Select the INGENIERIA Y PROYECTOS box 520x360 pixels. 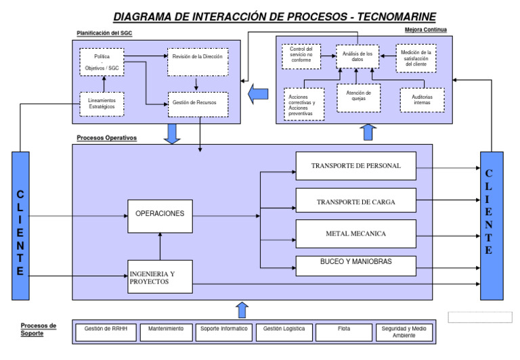(160, 277)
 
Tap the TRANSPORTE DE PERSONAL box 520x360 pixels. (355, 166)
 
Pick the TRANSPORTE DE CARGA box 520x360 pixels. (355, 202)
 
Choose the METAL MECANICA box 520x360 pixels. (355, 233)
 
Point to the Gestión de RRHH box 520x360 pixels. (106, 332)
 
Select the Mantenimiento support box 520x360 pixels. (166, 332)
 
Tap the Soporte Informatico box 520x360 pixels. (225, 332)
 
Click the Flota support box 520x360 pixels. (343, 332)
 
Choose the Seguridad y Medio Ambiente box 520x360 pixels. (403, 332)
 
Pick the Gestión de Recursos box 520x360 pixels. (197, 104)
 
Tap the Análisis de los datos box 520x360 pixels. (358, 57)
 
